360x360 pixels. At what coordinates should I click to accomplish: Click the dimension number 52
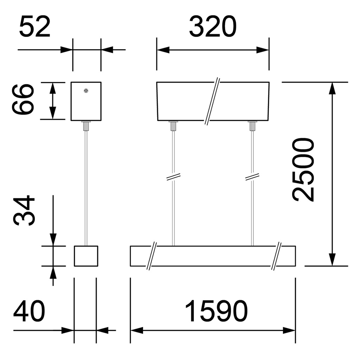pos(35,27)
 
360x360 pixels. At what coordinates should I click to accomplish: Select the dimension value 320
pos(213,27)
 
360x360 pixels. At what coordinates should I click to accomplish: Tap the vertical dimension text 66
pos(23,99)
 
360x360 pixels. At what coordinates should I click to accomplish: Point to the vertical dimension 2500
pos(303,170)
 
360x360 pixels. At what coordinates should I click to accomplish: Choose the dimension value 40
pos(29,311)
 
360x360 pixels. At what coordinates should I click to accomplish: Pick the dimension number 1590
pos(217,311)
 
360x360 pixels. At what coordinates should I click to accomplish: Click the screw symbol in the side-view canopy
pos(86,91)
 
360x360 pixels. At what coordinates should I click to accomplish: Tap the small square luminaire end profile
pos(86,256)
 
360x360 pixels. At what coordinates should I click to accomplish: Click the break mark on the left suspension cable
pos(173,176)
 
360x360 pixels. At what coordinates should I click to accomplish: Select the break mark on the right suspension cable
pos(252,176)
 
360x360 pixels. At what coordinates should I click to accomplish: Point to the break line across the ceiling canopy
pos(212,101)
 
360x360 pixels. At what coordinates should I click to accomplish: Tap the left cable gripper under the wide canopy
pos(173,126)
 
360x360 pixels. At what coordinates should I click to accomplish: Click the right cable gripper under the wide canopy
pos(252,126)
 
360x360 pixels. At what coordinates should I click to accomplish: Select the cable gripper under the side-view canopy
pos(86,126)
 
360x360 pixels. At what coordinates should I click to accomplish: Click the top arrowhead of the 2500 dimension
pos(332,88)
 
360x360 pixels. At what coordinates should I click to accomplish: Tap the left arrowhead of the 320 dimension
pos(163,50)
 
